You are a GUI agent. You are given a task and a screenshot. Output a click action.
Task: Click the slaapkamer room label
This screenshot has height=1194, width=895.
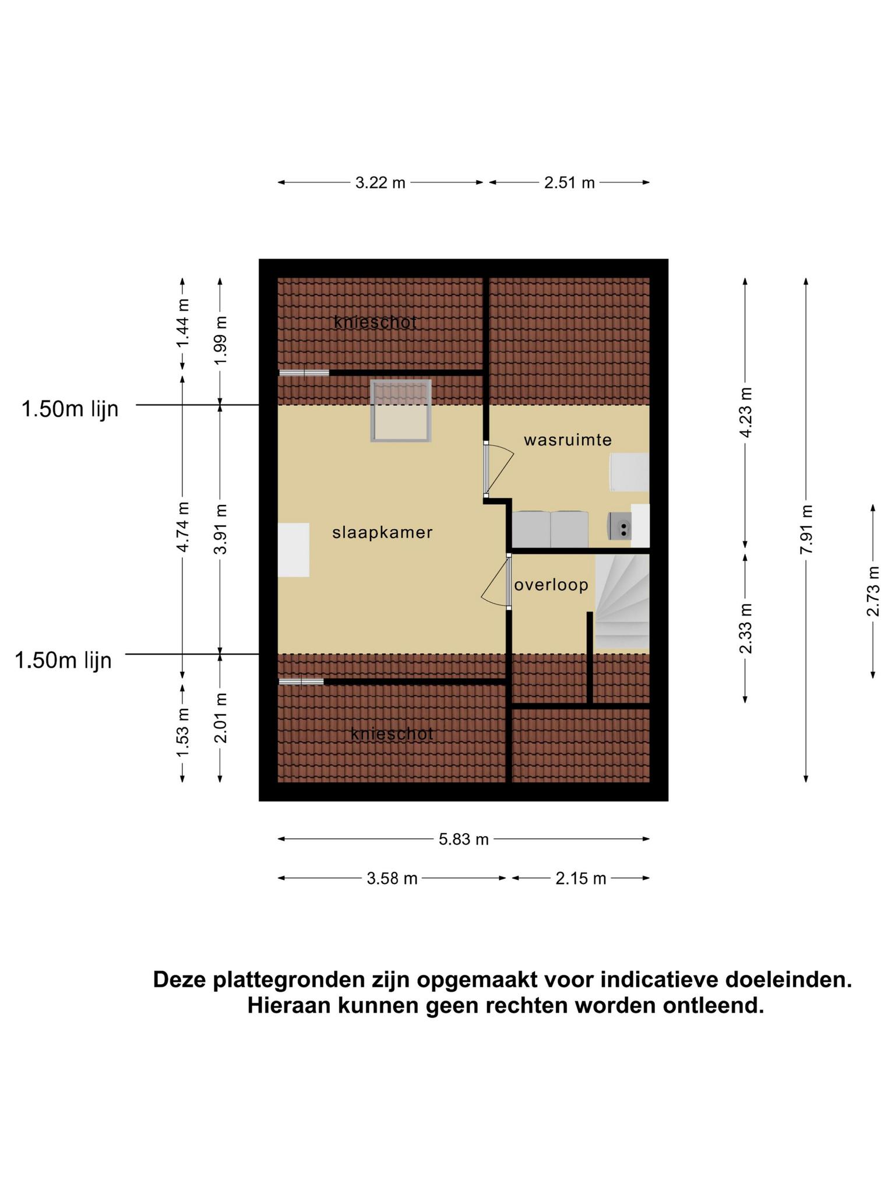point(382,532)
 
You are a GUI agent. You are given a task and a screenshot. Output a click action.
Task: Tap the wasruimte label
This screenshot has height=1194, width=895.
point(568,440)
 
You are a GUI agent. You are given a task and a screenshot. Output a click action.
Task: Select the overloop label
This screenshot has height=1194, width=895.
point(551,585)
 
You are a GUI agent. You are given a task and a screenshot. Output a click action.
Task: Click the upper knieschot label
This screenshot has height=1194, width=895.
point(375,322)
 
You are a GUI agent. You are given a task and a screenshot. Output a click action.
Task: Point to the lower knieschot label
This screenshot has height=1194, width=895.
point(392,734)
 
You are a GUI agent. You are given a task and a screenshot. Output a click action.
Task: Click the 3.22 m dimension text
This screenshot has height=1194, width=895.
point(380,182)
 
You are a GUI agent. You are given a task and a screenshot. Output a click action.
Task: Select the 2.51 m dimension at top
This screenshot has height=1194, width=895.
point(569,182)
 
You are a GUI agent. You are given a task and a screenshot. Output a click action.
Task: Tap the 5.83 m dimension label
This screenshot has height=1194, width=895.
point(464,839)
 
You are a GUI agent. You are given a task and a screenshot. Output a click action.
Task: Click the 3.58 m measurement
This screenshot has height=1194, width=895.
point(392,878)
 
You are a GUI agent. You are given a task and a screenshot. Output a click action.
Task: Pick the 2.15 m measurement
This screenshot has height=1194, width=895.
point(581,878)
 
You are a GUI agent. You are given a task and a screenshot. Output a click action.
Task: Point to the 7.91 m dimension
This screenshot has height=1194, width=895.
point(806,530)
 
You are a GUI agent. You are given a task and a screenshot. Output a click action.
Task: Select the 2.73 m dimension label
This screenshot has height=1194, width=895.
point(873,591)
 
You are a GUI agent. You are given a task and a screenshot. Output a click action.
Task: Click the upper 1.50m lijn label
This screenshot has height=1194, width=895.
point(70,409)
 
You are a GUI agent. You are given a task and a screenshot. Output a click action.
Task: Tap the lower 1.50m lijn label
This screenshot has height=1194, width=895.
point(63,661)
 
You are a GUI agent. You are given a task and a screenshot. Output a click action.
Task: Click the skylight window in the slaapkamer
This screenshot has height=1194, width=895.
point(401,410)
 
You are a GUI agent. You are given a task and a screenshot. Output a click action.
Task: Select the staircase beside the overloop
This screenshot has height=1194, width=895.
point(622,601)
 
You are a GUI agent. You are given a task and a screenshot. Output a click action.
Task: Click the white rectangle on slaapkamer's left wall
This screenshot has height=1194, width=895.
point(293,550)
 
